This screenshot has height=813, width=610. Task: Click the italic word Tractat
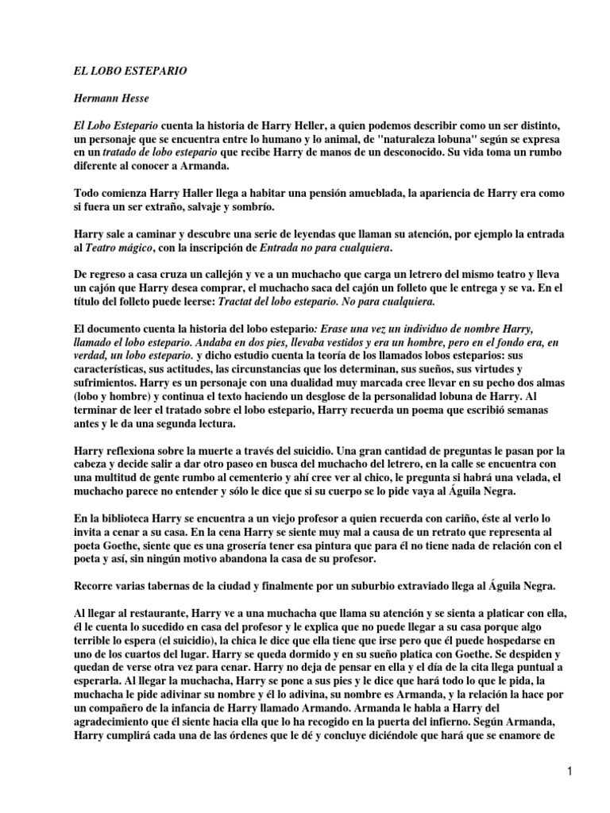pyautogui.click(x=249, y=304)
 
